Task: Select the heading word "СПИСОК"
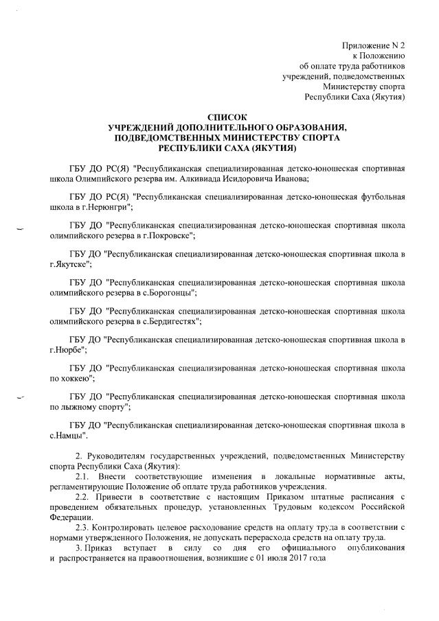coord(227,117)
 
